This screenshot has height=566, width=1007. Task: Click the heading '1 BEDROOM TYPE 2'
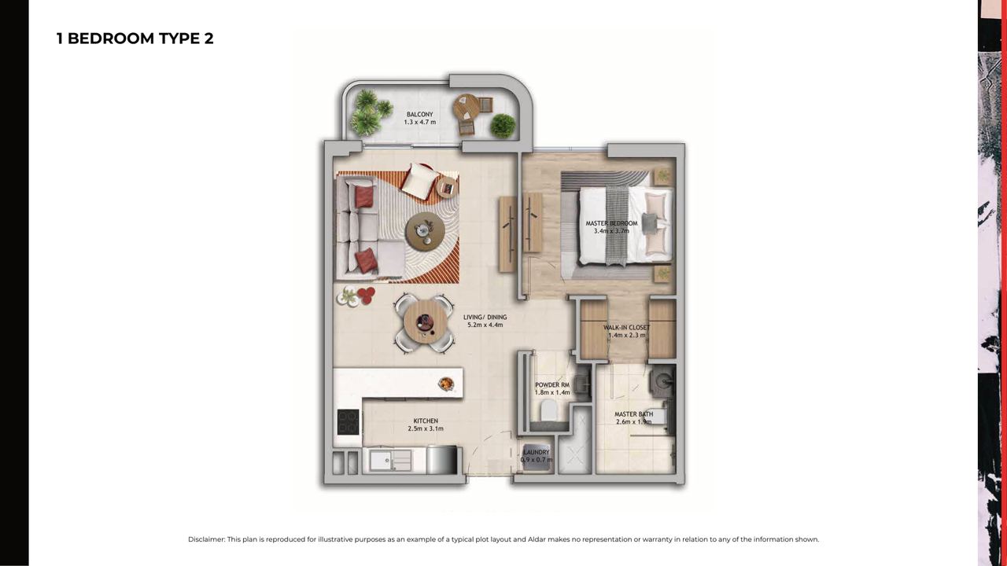pos(135,39)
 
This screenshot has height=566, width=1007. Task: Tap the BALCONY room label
pos(420,115)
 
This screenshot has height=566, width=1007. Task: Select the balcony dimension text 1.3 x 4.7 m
pos(420,122)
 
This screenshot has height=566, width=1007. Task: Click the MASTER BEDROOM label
pos(611,223)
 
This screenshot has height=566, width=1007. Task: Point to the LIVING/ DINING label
pos(485,317)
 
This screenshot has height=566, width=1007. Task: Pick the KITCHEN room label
pos(426,421)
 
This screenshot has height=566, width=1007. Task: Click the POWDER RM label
pos(552,385)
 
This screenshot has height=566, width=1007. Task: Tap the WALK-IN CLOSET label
pos(627,328)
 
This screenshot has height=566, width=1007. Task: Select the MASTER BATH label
pos(634,414)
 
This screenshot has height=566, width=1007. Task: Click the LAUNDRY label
pos(537,452)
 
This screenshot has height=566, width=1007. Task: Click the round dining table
pos(425,322)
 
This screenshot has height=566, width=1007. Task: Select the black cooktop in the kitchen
pos(349,422)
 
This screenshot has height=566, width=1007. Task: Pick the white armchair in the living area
pos(419,181)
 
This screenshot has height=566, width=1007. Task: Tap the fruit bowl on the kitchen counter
pos(446,383)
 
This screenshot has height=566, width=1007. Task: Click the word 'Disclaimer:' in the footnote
pos(206,539)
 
